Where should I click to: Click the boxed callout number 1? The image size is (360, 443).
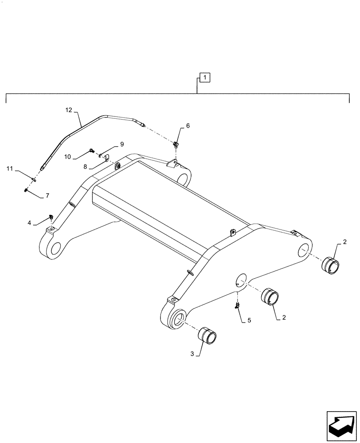point(204,78)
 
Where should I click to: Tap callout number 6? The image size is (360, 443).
point(188,126)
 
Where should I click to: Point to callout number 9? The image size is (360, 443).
point(121,144)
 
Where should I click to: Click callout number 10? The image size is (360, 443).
point(68,156)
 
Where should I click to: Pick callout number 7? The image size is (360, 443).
point(47,195)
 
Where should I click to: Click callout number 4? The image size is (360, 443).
point(29,223)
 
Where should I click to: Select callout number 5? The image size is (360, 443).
point(249,320)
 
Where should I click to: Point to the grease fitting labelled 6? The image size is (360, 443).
point(176,144)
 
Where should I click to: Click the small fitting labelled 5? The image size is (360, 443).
point(238,305)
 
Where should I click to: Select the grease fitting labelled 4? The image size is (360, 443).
point(51,217)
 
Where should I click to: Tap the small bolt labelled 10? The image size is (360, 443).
point(91,151)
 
